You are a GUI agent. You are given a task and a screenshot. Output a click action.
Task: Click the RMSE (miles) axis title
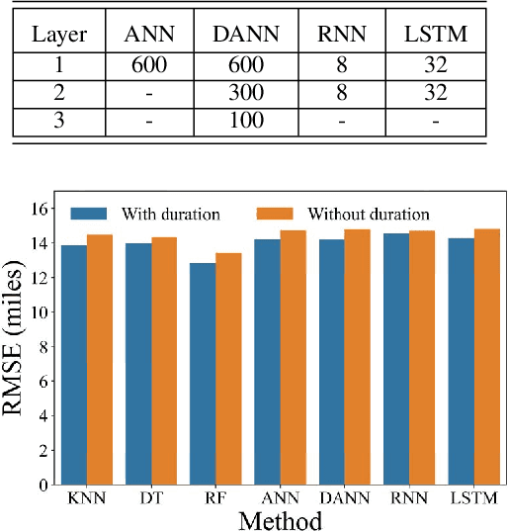tap(18, 346)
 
